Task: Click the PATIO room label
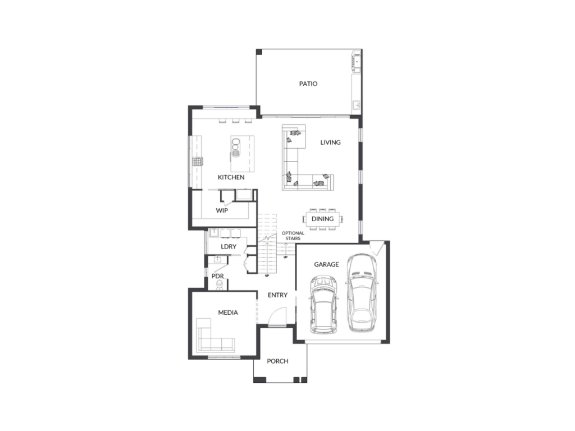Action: [x=308, y=84]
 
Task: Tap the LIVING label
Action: [x=330, y=142]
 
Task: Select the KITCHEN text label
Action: [x=231, y=177]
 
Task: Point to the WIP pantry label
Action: [x=222, y=210]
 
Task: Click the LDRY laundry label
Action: [x=229, y=247]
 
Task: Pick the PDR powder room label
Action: [x=217, y=276]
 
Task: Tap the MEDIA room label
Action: [x=228, y=313]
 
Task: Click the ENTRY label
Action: [x=277, y=295]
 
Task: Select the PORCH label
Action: [x=277, y=361]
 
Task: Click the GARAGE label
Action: [x=326, y=264]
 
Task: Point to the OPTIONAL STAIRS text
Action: [x=293, y=236]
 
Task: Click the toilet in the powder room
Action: [x=220, y=285]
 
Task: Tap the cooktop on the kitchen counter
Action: [x=197, y=161]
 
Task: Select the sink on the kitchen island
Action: [x=235, y=146]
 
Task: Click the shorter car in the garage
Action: [x=324, y=305]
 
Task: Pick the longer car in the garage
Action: [x=362, y=293]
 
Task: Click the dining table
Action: [x=323, y=219]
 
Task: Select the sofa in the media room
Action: [x=214, y=337]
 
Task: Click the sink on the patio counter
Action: [x=356, y=105]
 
